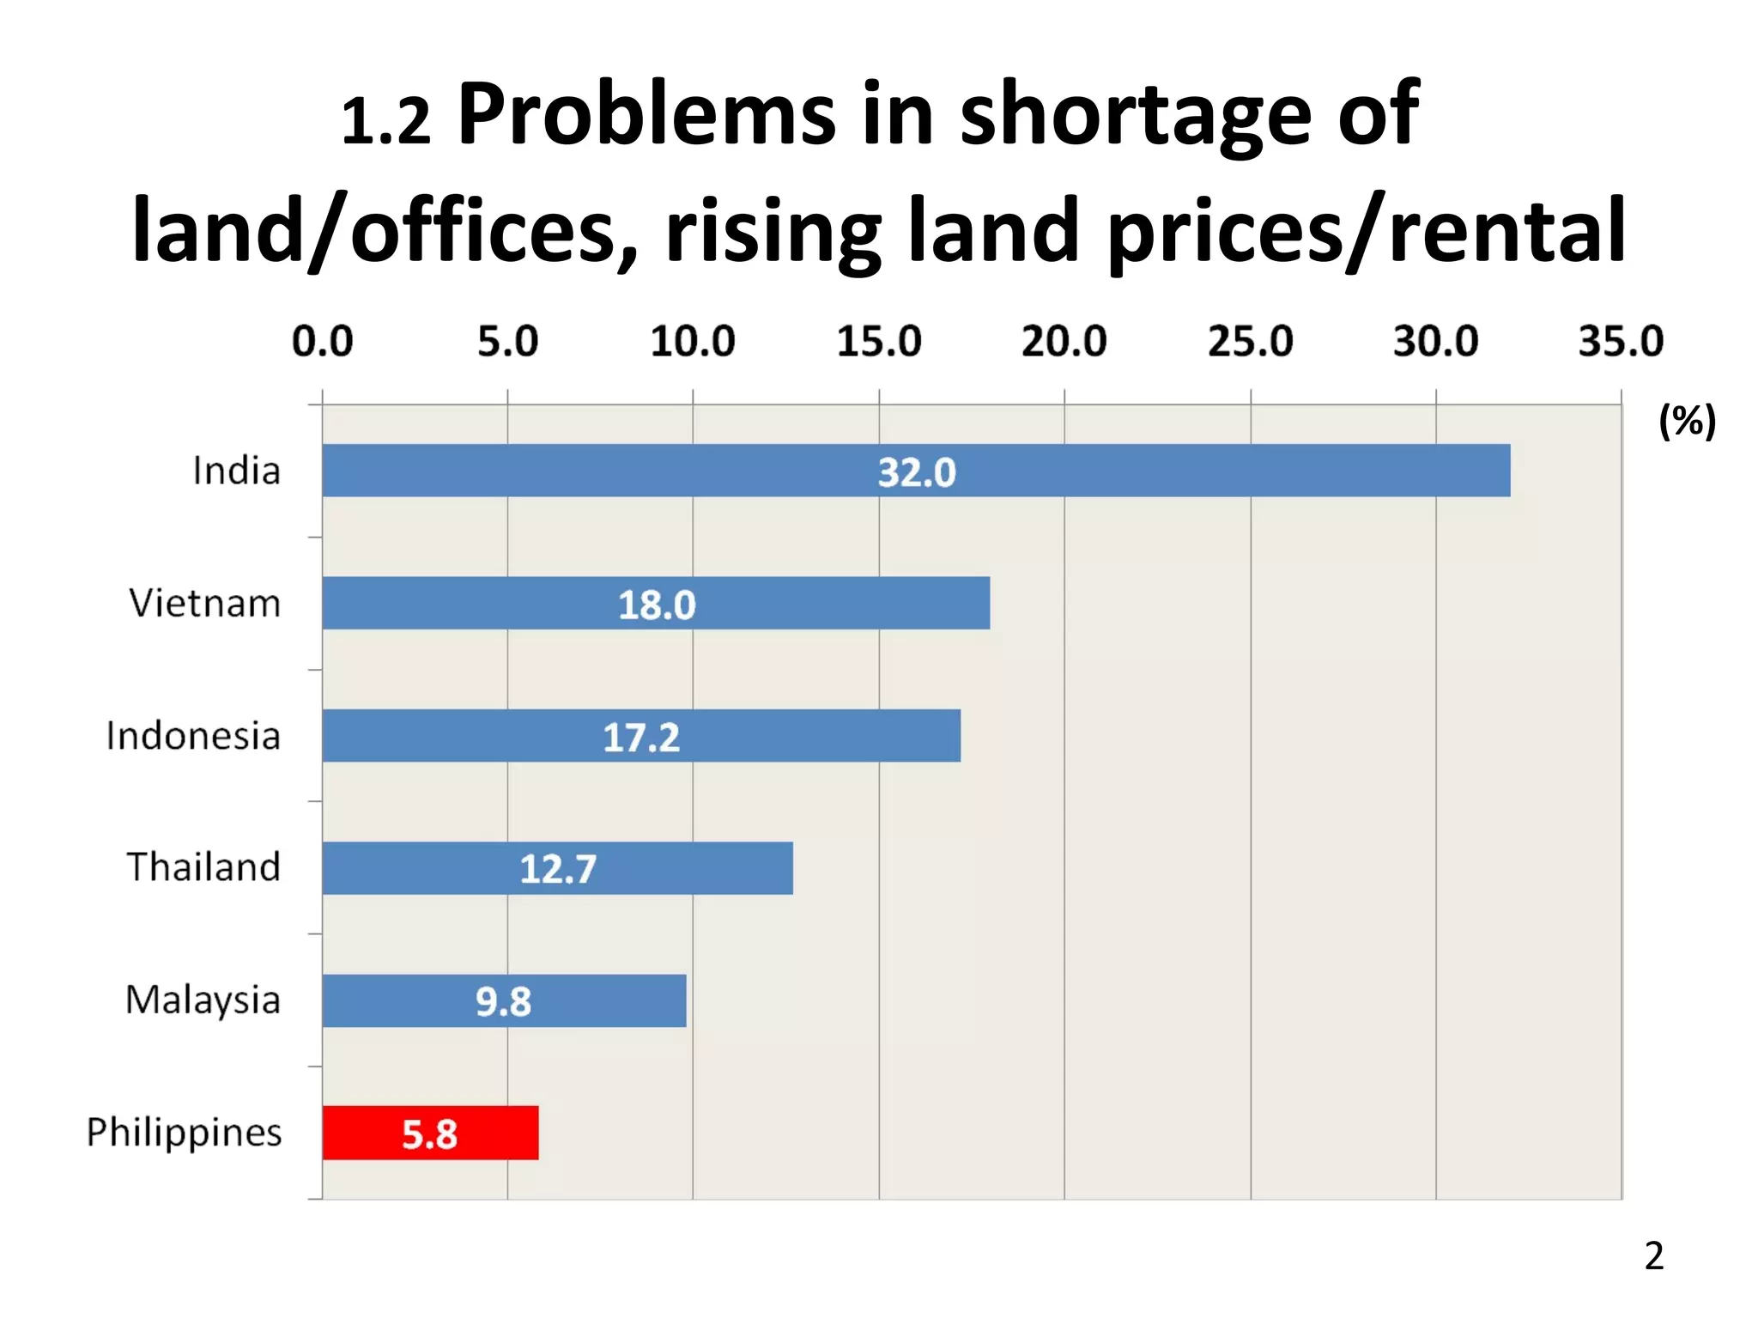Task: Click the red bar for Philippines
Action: coord(430,1133)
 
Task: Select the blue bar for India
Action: coord(916,471)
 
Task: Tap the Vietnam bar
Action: coord(656,603)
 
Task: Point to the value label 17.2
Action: coord(641,738)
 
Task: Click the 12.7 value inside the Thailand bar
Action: coord(558,869)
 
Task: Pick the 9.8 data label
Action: coord(504,1001)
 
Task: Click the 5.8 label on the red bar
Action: coord(430,1134)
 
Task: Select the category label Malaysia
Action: coord(203,1000)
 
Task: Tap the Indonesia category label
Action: coord(193,736)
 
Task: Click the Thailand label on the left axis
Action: coord(203,867)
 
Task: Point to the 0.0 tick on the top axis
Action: coord(322,342)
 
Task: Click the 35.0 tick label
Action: coord(1621,342)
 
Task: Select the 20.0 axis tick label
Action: coord(1064,342)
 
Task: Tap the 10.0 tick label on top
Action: coord(693,342)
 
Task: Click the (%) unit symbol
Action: coord(1687,422)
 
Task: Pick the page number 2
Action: coord(1653,1256)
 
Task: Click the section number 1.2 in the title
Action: coord(385,120)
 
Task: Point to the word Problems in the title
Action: coord(646,113)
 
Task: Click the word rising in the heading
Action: coord(773,230)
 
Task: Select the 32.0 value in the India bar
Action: coord(916,472)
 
